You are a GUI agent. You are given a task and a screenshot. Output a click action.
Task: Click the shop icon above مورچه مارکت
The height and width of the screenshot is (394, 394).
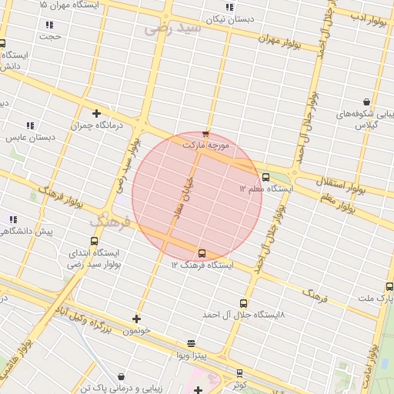[x=205, y=134]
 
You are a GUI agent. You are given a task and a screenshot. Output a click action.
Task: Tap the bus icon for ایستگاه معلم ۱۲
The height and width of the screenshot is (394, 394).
[x=265, y=177]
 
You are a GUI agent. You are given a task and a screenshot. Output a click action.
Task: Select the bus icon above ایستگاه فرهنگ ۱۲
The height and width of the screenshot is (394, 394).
[x=202, y=253]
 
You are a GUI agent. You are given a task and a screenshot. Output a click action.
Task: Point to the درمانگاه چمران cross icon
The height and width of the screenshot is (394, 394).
[x=96, y=114]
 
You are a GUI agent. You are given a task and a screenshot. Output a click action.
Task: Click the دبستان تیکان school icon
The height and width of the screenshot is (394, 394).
[x=229, y=8]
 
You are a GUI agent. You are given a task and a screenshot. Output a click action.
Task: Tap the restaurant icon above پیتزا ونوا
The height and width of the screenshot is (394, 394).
[x=191, y=343]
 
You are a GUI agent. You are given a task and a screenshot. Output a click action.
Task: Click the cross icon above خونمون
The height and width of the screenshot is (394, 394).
[x=137, y=319]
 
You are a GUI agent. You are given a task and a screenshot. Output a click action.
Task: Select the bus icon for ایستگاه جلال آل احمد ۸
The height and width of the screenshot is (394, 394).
[x=244, y=304]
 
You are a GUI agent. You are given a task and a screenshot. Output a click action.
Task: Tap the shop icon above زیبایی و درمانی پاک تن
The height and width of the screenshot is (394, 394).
[x=121, y=377]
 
